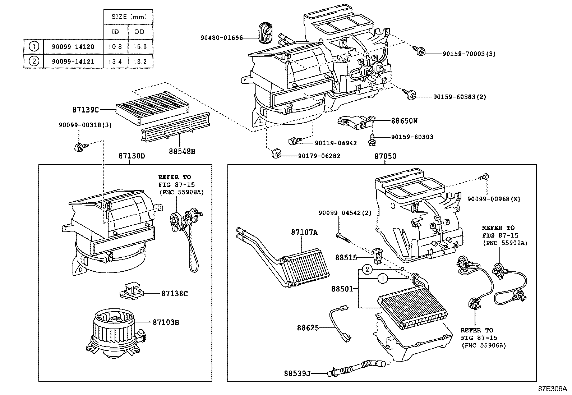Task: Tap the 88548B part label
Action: (x=182, y=152)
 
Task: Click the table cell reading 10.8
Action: (x=116, y=47)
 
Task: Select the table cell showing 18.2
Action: (x=140, y=61)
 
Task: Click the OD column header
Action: (x=140, y=32)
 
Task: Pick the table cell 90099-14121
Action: (x=73, y=61)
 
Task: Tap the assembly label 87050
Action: (x=385, y=156)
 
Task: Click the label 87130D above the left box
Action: (x=132, y=156)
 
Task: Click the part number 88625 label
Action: (x=308, y=328)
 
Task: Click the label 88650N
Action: (x=404, y=121)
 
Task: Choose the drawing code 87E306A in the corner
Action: (x=552, y=389)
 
